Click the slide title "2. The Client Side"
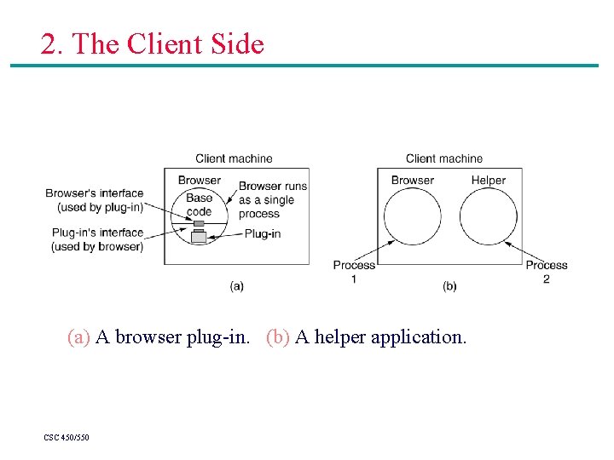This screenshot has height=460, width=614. [152, 43]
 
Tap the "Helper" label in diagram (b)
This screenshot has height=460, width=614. [488, 180]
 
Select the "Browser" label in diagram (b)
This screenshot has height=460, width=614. [412, 180]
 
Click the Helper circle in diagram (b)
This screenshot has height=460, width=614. [488, 216]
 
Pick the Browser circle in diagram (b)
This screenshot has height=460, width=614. [412, 216]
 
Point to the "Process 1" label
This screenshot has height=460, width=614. [354, 272]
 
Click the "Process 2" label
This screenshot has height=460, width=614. [547, 272]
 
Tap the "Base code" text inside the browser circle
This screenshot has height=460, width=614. [199, 204]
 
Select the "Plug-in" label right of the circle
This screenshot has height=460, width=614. [262, 233]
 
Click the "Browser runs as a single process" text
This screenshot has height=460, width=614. [272, 200]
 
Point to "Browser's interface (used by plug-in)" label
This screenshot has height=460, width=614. [95, 199]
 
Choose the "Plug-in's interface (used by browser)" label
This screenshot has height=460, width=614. [97, 239]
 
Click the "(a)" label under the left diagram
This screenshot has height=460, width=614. [237, 286]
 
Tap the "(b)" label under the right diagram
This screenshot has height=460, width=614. [449, 286]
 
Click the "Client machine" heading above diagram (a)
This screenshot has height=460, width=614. [234, 158]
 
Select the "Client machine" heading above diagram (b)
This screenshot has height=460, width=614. [443, 158]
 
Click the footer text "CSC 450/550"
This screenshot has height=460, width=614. [67, 438]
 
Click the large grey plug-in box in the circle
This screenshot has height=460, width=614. [199, 237]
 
